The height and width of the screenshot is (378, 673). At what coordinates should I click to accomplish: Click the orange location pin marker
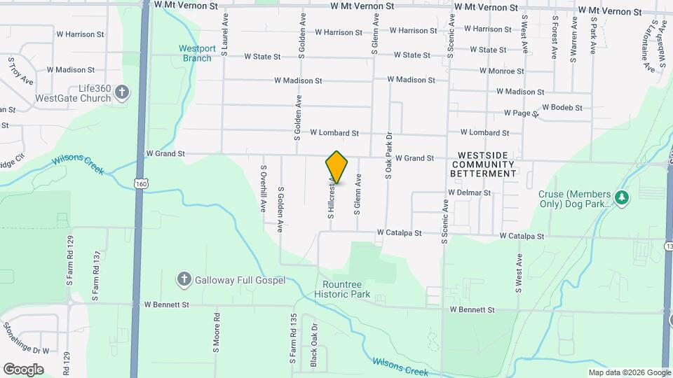[336, 167]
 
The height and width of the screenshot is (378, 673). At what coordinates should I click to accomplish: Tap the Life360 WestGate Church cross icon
[122, 92]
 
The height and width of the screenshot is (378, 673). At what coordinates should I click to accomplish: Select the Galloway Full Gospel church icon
[184, 279]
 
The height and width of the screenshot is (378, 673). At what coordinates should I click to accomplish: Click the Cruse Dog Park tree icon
[621, 198]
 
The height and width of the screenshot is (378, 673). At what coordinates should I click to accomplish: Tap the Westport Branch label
[196, 53]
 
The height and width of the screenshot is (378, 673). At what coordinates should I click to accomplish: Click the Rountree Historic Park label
[346, 289]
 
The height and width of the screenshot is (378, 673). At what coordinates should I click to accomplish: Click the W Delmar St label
[469, 192]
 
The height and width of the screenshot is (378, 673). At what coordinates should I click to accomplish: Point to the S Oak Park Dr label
[388, 156]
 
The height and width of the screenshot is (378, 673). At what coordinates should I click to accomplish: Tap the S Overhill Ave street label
[264, 188]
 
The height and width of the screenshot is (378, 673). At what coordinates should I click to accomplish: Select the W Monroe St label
[502, 71]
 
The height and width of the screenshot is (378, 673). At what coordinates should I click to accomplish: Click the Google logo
[23, 369]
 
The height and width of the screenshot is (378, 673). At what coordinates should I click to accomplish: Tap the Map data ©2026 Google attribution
[629, 372]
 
